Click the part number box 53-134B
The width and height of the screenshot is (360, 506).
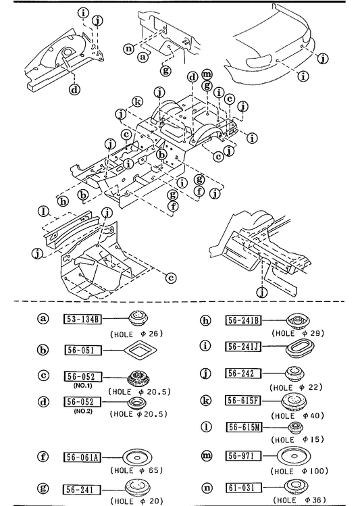(82, 319)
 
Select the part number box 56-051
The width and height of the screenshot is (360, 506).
(83, 350)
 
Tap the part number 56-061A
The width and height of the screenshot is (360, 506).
(82, 457)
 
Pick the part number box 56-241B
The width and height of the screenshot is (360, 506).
(243, 320)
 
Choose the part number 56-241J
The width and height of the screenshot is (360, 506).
(243, 347)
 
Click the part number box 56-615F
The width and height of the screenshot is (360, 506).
(243, 401)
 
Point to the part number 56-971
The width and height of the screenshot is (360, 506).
(243, 455)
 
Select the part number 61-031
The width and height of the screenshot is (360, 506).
(243, 487)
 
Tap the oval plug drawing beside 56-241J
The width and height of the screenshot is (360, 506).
(301, 347)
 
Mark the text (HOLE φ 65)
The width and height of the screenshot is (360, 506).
(136, 470)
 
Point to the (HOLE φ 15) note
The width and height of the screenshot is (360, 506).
(297, 440)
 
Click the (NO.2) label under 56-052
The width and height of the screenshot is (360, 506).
(83, 411)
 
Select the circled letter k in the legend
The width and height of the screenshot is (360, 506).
(205, 401)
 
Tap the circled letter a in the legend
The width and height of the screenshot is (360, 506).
(43, 319)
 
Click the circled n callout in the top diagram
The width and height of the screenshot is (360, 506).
(129, 49)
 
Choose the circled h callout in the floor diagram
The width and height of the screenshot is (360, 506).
(63, 201)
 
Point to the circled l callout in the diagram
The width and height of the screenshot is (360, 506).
(43, 212)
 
